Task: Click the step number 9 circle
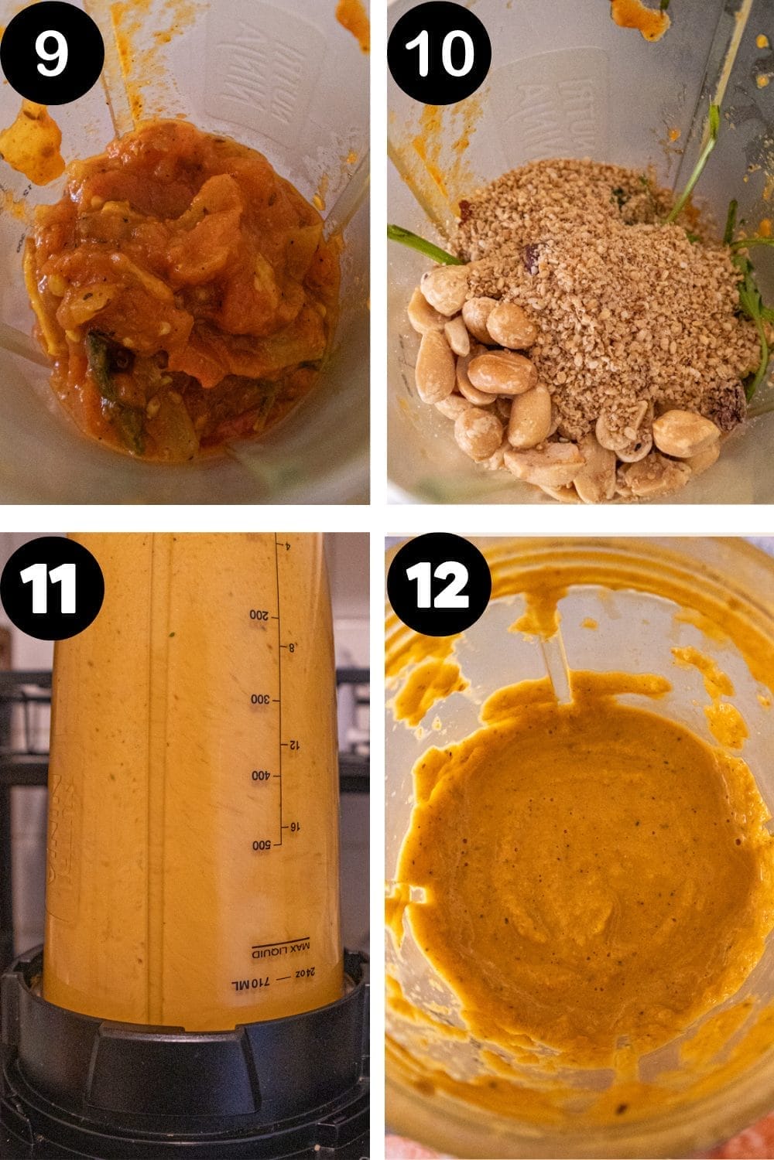pos(52,53)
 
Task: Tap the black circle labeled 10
pos(439,53)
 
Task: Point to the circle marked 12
pos(439,587)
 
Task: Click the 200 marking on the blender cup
pos(259,616)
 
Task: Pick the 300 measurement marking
pos(259,699)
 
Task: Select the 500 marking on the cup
pos(259,845)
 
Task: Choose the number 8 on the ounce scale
pos(292,648)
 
